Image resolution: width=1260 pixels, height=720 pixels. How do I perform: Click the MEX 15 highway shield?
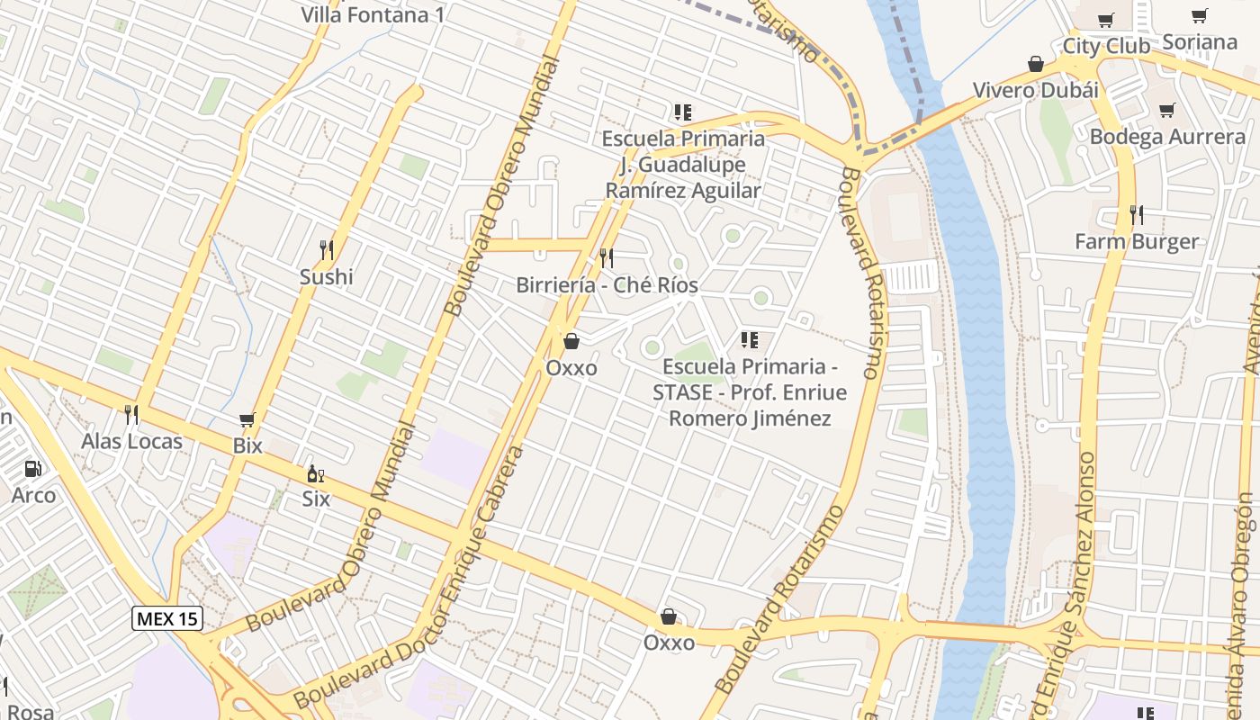coord(167,618)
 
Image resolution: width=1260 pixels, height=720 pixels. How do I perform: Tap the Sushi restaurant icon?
coord(327,249)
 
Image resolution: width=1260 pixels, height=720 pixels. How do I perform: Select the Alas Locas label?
coord(131,441)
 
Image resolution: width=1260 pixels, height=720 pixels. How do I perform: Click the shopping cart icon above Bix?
coord(247,419)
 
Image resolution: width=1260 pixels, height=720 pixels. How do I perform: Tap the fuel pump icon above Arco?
coord(33,469)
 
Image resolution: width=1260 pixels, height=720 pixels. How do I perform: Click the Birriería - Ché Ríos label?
coord(607,284)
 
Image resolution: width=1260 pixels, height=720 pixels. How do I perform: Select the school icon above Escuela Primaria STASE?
coord(749,340)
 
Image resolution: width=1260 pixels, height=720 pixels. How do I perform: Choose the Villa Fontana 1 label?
coord(372,14)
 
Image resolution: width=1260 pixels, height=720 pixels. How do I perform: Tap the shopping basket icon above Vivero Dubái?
coord(1036,64)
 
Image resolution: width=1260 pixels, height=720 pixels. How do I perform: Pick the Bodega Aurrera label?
coord(1167,137)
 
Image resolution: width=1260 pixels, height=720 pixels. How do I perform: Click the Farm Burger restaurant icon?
coord(1137,214)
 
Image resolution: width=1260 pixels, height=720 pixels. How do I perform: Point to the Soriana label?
coord(1199,41)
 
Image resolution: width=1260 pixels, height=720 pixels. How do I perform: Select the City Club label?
coord(1106,46)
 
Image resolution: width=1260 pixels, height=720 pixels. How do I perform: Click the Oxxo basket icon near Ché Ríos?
coord(571,341)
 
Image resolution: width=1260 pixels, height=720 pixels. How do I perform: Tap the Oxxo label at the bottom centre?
coord(669,642)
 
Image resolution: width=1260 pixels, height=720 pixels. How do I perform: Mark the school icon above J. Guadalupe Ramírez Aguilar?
coord(683,112)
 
